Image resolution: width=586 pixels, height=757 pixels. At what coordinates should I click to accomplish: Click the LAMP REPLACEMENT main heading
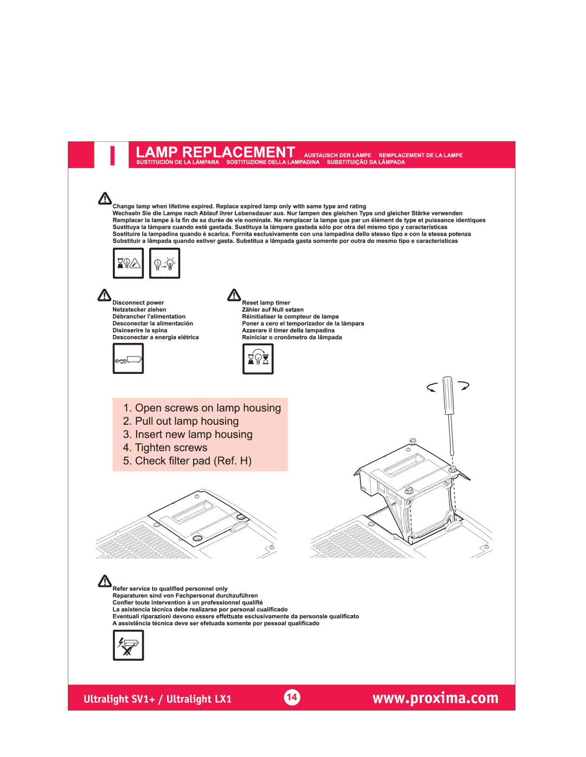click(x=215, y=152)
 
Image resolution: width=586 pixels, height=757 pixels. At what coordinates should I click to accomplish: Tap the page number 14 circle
click(x=292, y=697)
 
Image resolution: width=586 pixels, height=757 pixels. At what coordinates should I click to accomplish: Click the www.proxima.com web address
click(x=435, y=698)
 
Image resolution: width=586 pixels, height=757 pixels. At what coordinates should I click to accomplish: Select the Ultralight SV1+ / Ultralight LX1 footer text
click(x=157, y=699)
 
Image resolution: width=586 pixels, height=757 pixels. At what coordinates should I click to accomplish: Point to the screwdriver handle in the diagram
click(x=448, y=396)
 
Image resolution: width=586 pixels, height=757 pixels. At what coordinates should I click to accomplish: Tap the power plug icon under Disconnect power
click(x=128, y=359)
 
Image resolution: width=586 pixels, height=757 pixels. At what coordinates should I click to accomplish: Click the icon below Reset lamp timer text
click(x=258, y=359)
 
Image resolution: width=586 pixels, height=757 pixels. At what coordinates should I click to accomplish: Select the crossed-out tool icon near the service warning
click(x=128, y=645)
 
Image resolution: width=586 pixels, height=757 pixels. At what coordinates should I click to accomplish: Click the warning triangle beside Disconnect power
click(x=104, y=295)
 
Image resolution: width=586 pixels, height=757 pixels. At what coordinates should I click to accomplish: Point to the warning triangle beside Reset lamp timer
click(x=234, y=295)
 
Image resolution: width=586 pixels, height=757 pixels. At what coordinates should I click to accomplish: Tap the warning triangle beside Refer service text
click(x=105, y=581)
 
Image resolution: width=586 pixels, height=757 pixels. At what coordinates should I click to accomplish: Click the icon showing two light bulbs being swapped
click(x=164, y=263)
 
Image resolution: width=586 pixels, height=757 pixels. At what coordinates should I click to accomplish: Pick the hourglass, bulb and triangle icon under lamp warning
click(x=128, y=263)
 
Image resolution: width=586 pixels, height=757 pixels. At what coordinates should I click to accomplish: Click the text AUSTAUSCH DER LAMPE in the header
click(x=337, y=156)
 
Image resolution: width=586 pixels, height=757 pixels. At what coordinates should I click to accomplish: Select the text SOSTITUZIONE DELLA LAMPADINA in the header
click(x=273, y=162)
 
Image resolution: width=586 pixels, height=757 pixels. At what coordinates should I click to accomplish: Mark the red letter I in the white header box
click(x=112, y=156)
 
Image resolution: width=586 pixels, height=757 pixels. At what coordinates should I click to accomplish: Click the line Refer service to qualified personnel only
click(x=170, y=588)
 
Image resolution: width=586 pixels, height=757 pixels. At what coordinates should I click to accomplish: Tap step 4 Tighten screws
click(x=171, y=448)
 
